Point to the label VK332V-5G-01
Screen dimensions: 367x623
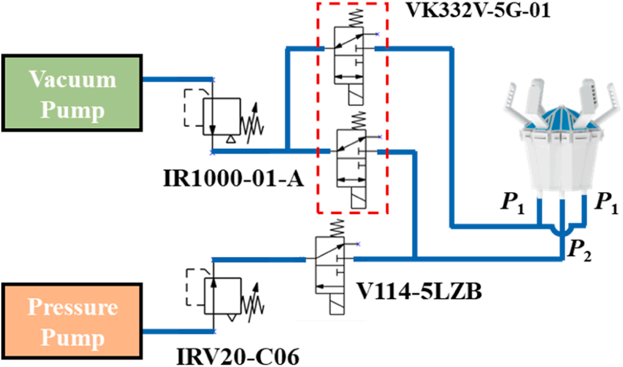(469, 11)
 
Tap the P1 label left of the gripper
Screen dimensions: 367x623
(511, 203)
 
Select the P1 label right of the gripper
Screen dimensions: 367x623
(606, 203)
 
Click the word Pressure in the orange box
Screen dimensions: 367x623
(72, 308)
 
